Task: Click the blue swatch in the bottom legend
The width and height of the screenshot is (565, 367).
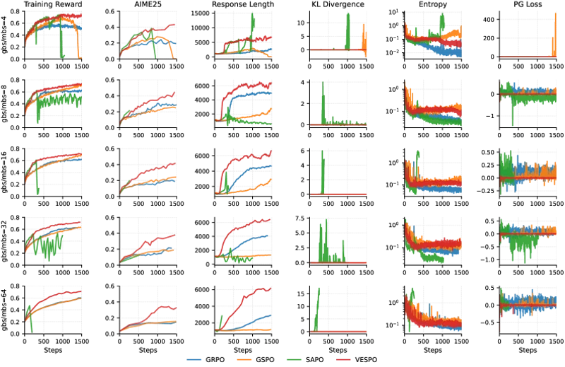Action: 194,359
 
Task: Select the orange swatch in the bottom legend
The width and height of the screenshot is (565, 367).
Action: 244,359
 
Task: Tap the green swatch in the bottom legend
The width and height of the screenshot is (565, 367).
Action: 293,359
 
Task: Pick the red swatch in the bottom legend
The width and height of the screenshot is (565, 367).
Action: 343,359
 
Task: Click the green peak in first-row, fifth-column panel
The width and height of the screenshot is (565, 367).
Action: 441,21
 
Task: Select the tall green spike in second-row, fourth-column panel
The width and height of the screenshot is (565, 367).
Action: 323,95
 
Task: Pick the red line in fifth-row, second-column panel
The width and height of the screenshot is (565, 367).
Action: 162,308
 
